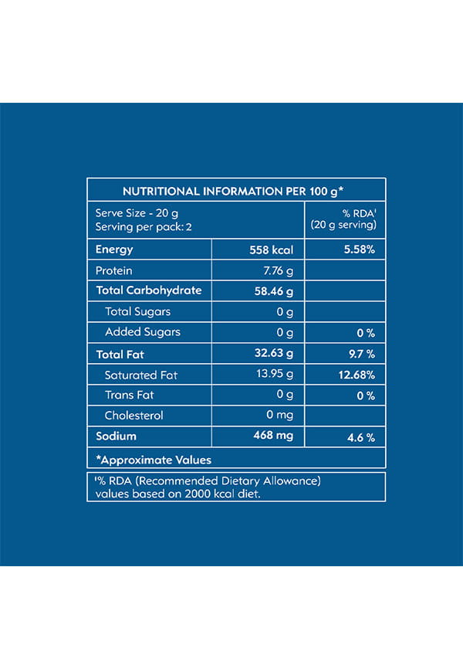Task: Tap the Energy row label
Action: pos(114,250)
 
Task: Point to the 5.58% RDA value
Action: pos(359,250)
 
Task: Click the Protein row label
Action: pos(114,271)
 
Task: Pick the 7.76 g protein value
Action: pos(279,271)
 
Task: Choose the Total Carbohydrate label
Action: pos(148,290)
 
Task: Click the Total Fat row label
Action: pos(120,355)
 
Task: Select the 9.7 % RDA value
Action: pos(360,355)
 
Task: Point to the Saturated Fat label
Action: pos(141,375)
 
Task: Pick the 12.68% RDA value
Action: pos(357,375)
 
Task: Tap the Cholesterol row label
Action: pos(134,416)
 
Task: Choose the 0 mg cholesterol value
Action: pos(279,416)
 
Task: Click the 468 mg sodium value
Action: pos(274,436)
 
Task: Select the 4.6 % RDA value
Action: pos(360,438)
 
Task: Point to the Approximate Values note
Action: pos(153,460)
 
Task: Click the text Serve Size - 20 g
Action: pos(137,213)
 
